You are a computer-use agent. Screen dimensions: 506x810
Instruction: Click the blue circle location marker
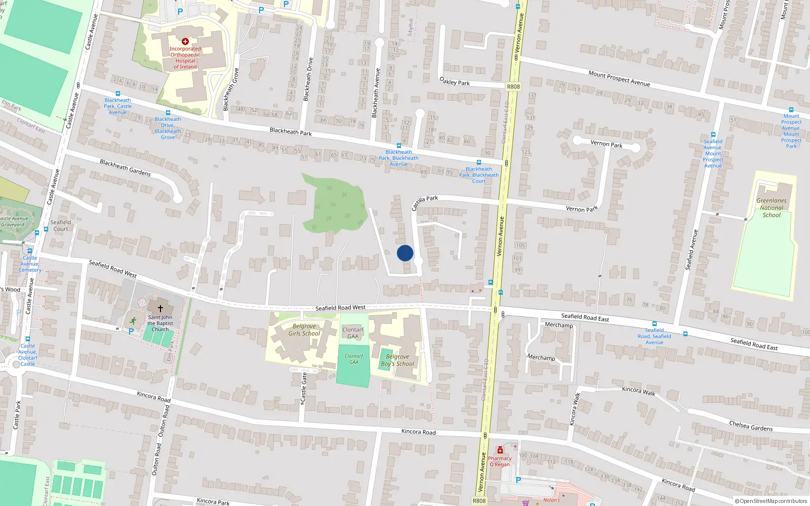coord(405,253)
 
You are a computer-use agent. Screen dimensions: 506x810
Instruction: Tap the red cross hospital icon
coord(185,41)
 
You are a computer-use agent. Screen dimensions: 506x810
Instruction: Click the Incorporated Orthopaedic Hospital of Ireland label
coord(185,58)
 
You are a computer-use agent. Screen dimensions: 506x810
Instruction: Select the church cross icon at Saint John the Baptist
coord(160,308)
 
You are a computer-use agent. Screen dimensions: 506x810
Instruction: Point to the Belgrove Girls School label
coord(304,330)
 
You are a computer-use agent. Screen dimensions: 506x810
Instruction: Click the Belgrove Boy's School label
coord(397,360)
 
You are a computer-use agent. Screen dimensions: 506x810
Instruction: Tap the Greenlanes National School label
coord(772,208)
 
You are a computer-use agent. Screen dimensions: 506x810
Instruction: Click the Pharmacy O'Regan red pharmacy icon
coord(500,450)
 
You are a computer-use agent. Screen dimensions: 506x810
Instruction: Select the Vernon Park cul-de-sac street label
coord(606,144)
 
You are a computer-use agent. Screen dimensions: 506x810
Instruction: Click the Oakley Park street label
coord(455,81)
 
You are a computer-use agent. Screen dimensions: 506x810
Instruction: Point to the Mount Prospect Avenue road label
coord(619,78)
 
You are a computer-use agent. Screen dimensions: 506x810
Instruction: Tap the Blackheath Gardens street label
coord(125,167)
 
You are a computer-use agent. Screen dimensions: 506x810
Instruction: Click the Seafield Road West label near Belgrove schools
coord(340,308)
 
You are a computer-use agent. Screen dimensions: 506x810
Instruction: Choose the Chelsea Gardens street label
coord(751,426)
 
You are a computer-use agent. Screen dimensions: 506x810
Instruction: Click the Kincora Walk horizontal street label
coord(638,391)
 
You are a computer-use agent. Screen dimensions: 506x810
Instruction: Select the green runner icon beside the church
coord(133,320)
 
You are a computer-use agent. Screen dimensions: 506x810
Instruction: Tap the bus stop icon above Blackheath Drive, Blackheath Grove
coord(168,113)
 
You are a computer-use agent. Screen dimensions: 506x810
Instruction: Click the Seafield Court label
coord(61,226)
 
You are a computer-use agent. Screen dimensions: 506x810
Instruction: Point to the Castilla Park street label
coord(424,202)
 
